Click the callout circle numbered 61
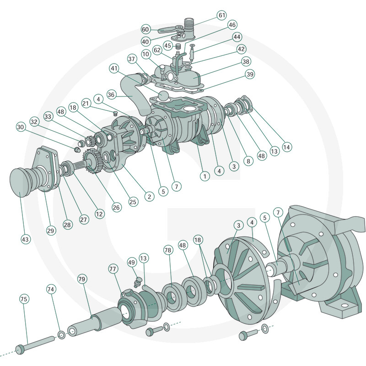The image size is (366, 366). [222, 16]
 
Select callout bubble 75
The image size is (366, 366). [24, 299]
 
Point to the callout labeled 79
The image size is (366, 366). [82, 279]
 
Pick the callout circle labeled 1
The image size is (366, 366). [205, 175]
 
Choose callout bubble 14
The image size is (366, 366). [287, 147]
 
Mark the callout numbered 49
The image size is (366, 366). [132, 262]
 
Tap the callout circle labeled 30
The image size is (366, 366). [20, 127]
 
